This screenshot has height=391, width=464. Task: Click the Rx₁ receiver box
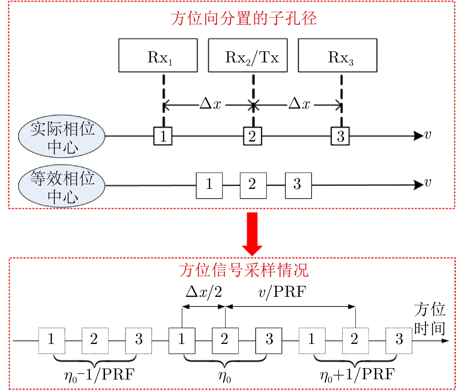(x=158, y=55)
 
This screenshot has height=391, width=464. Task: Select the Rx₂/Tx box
(x=248, y=55)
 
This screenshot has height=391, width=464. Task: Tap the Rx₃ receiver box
(x=338, y=55)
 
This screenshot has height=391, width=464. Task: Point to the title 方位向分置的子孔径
(x=243, y=18)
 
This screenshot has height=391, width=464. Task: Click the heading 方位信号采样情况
(x=243, y=270)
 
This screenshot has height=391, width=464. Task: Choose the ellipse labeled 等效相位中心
(x=62, y=186)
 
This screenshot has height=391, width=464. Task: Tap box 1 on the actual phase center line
(x=163, y=136)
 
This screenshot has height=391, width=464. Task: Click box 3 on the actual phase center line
(x=340, y=136)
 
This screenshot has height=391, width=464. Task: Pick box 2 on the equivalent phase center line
(x=253, y=185)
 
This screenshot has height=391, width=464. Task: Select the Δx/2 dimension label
(x=204, y=292)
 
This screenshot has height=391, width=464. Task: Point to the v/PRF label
(x=282, y=292)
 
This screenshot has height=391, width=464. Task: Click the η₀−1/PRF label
(x=99, y=375)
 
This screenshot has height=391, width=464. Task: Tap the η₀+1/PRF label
(x=357, y=375)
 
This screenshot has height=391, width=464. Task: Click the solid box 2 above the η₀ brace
(x=225, y=341)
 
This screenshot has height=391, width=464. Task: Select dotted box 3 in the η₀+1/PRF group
(x=399, y=341)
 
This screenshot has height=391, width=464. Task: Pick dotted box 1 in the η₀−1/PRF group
(x=52, y=341)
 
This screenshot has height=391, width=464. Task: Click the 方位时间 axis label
(x=430, y=319)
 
